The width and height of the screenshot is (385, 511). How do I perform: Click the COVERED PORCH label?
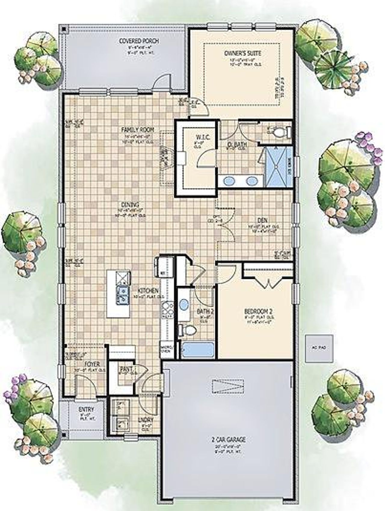(139, 41)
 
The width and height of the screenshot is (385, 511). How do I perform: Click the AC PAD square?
(319, 348)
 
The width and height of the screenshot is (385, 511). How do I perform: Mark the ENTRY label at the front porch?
(86, 409)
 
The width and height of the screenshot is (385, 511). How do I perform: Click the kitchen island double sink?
(123, 295)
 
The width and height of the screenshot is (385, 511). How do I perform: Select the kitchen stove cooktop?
(166, 311)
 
